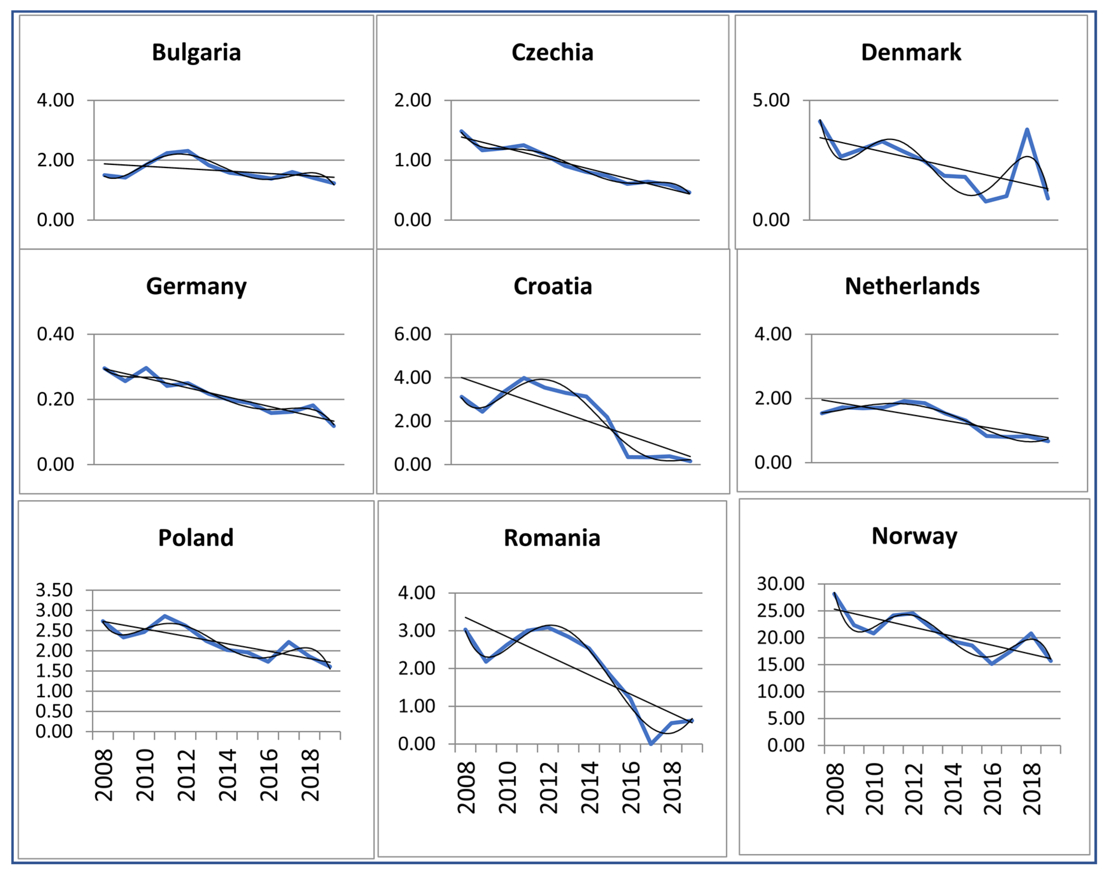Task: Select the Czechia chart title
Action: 552,52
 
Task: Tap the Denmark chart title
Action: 911,52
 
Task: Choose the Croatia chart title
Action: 552,286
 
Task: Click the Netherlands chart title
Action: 912,286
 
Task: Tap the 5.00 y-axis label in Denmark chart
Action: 771,100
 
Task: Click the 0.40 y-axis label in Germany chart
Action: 55,334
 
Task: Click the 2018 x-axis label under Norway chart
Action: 1032,789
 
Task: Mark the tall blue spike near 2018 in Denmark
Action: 1027,130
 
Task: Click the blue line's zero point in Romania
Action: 651,743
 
